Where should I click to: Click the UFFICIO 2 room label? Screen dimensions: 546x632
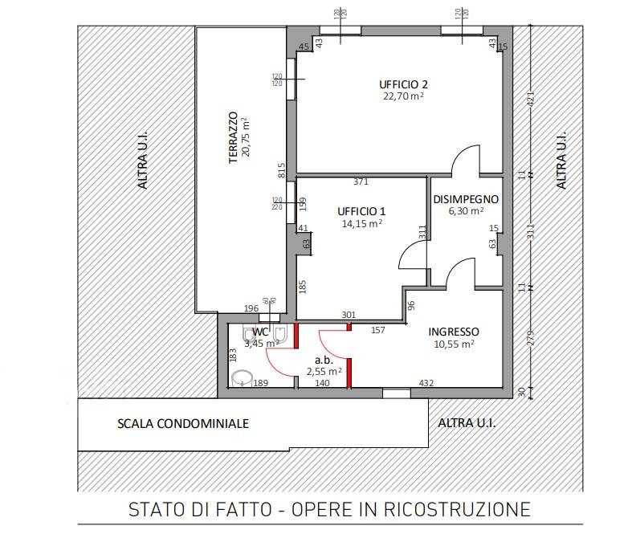[403, 84]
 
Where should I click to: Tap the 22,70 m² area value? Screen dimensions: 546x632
[403, 96]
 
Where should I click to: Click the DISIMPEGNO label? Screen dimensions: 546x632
[466, 199]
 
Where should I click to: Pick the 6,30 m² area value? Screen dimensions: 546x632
[466, 211]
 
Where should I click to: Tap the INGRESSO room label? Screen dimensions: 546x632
[453, 332]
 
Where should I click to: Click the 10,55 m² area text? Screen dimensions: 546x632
[453, 344]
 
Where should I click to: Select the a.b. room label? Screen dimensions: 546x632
[324, 361]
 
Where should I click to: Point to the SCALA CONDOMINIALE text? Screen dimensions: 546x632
[183, 423]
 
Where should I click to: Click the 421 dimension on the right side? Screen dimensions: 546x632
[530, 100]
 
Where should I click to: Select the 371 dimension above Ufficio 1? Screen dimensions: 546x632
[361, 182]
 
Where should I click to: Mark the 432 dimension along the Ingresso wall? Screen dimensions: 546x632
[426, 384]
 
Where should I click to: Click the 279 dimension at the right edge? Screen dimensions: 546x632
[530, 338]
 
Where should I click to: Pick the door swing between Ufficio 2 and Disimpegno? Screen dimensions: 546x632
[464, 159]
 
